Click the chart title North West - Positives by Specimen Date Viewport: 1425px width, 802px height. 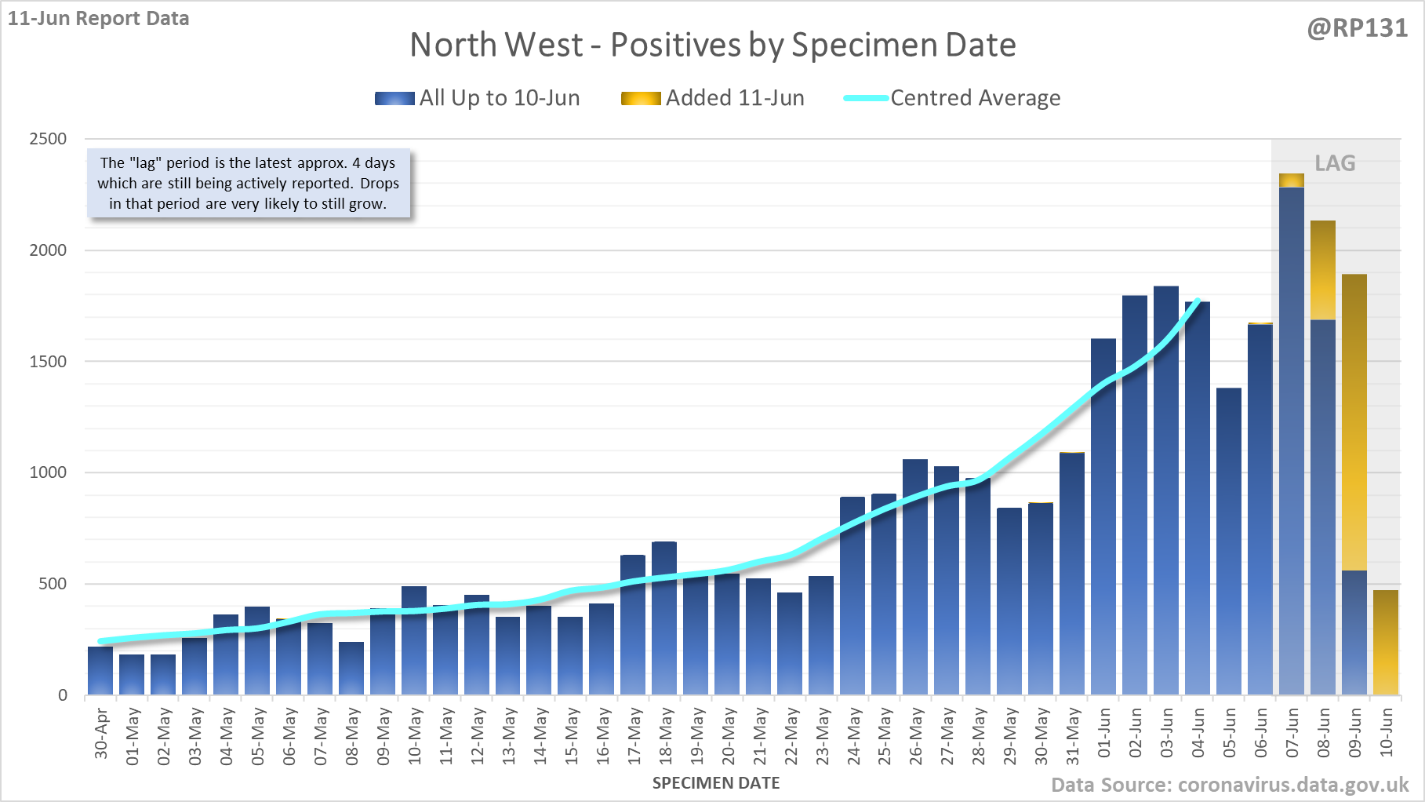pos(712,45)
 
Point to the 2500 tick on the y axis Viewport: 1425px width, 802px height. pos(48,139)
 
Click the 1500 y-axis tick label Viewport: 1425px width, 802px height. pos(48,362)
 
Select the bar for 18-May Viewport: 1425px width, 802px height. pos(664,620)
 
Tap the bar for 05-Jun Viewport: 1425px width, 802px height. pos(1229,541)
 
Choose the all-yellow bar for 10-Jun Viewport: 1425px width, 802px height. pos(1386,643)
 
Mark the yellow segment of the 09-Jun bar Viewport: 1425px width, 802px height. pos(1354,424)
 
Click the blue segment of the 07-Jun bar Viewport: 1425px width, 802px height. pos(1292,439)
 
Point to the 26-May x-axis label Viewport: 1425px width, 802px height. pos(916,735)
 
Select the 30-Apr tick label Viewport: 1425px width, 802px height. pos(101,734)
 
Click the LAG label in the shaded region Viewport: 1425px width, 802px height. pos(1335,163)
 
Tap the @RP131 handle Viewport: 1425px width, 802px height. pos(1357,28)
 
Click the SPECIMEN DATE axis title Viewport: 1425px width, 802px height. pos(716,783)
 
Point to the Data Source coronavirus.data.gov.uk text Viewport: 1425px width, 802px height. pos(1230,785)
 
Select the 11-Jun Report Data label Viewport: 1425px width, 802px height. pos(99,18)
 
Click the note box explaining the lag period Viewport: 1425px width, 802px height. pos(248,184)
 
